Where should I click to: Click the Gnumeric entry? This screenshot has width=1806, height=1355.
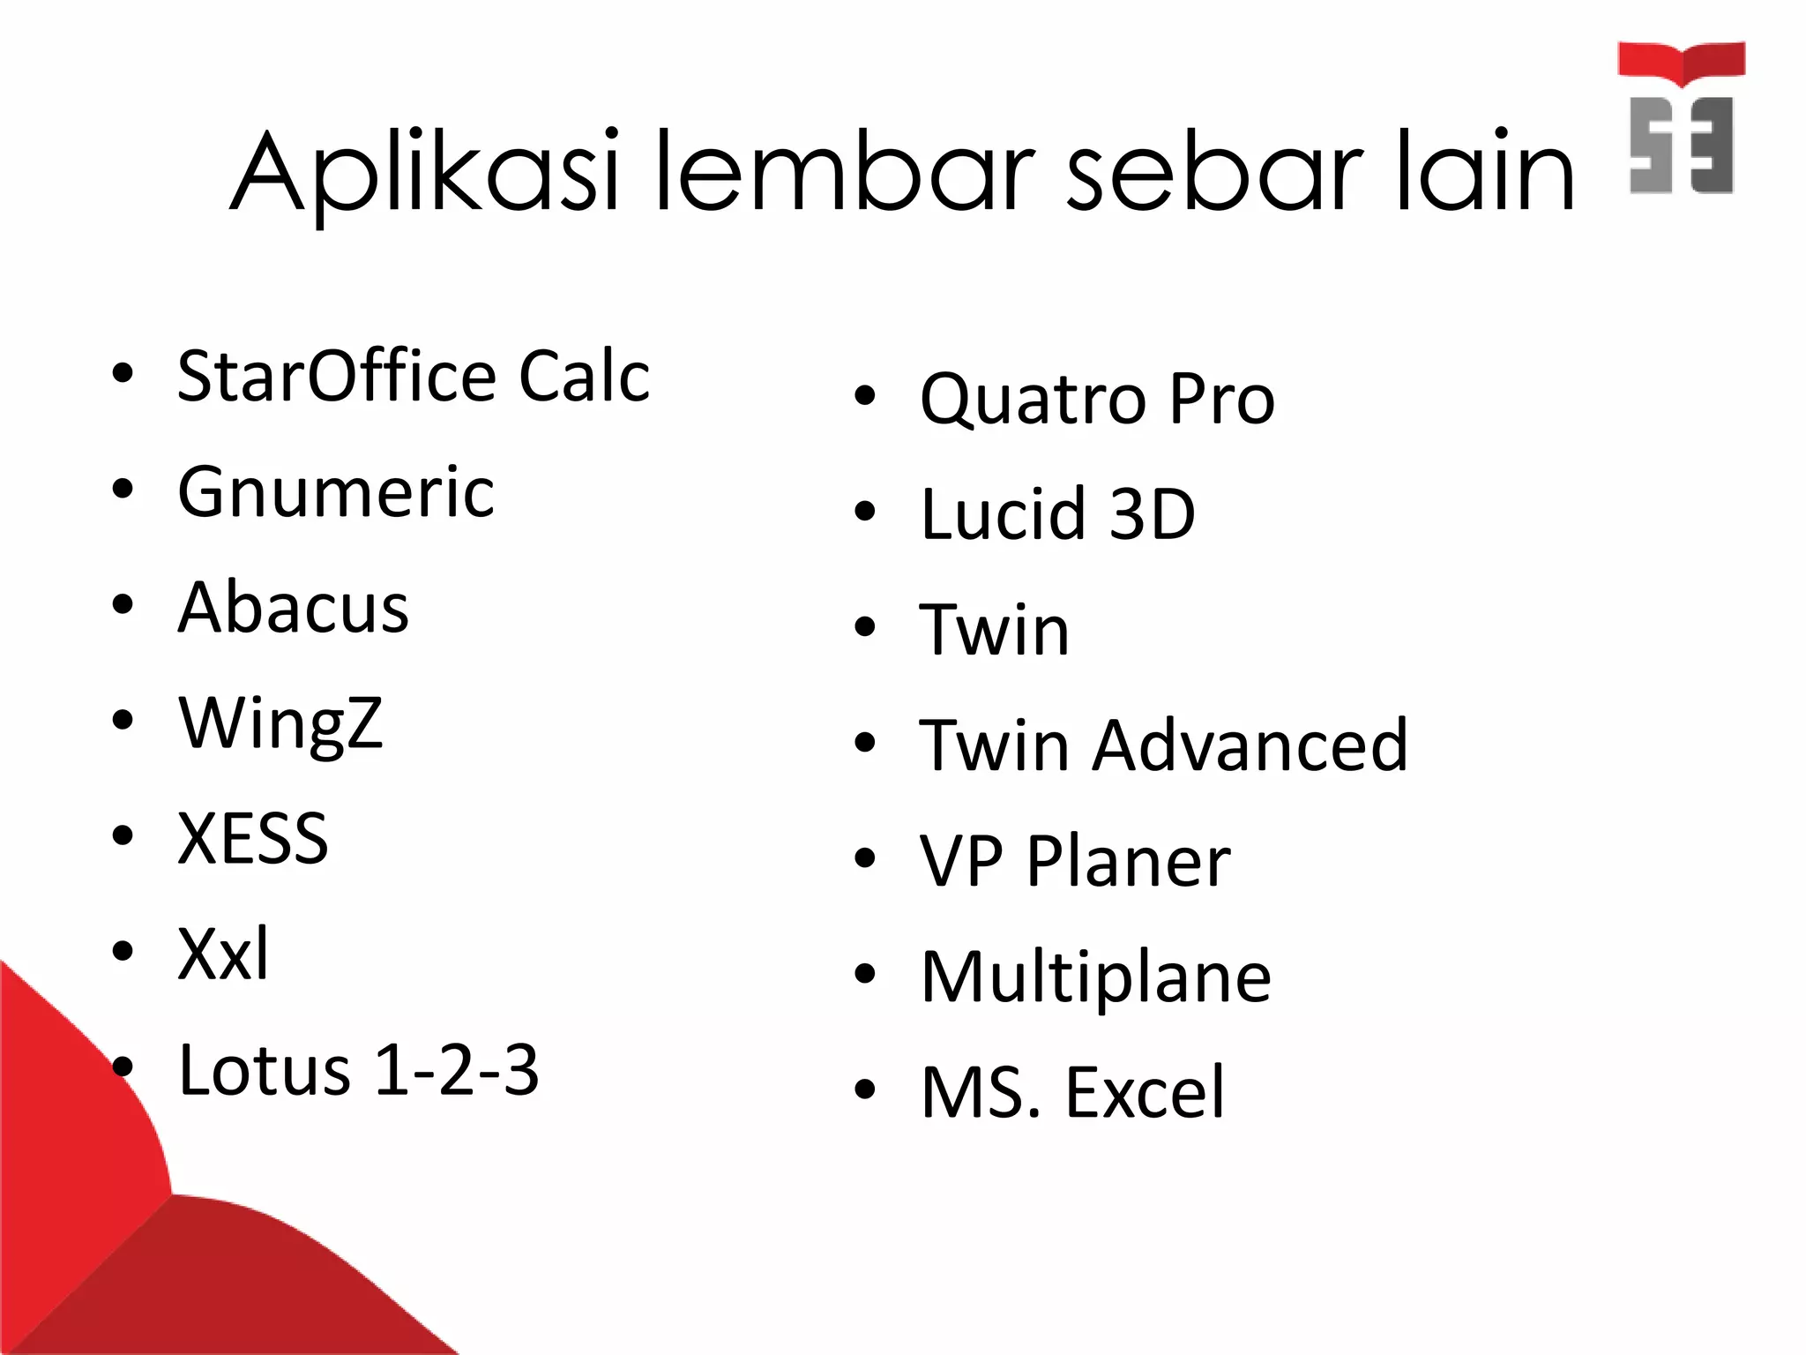335,491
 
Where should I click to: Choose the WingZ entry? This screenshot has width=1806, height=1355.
280,723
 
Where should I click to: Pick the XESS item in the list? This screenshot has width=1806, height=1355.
252,838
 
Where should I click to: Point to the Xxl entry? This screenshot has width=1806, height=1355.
223,954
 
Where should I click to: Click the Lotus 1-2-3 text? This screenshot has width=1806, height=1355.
358,1070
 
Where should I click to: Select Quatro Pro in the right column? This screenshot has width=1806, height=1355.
1097,399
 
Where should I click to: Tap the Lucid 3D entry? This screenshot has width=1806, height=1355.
1057,513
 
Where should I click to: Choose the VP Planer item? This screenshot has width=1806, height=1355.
1075,861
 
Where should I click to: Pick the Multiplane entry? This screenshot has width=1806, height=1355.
1095,977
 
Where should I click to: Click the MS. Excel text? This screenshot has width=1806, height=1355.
1072,1092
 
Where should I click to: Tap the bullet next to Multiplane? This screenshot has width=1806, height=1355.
865,973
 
